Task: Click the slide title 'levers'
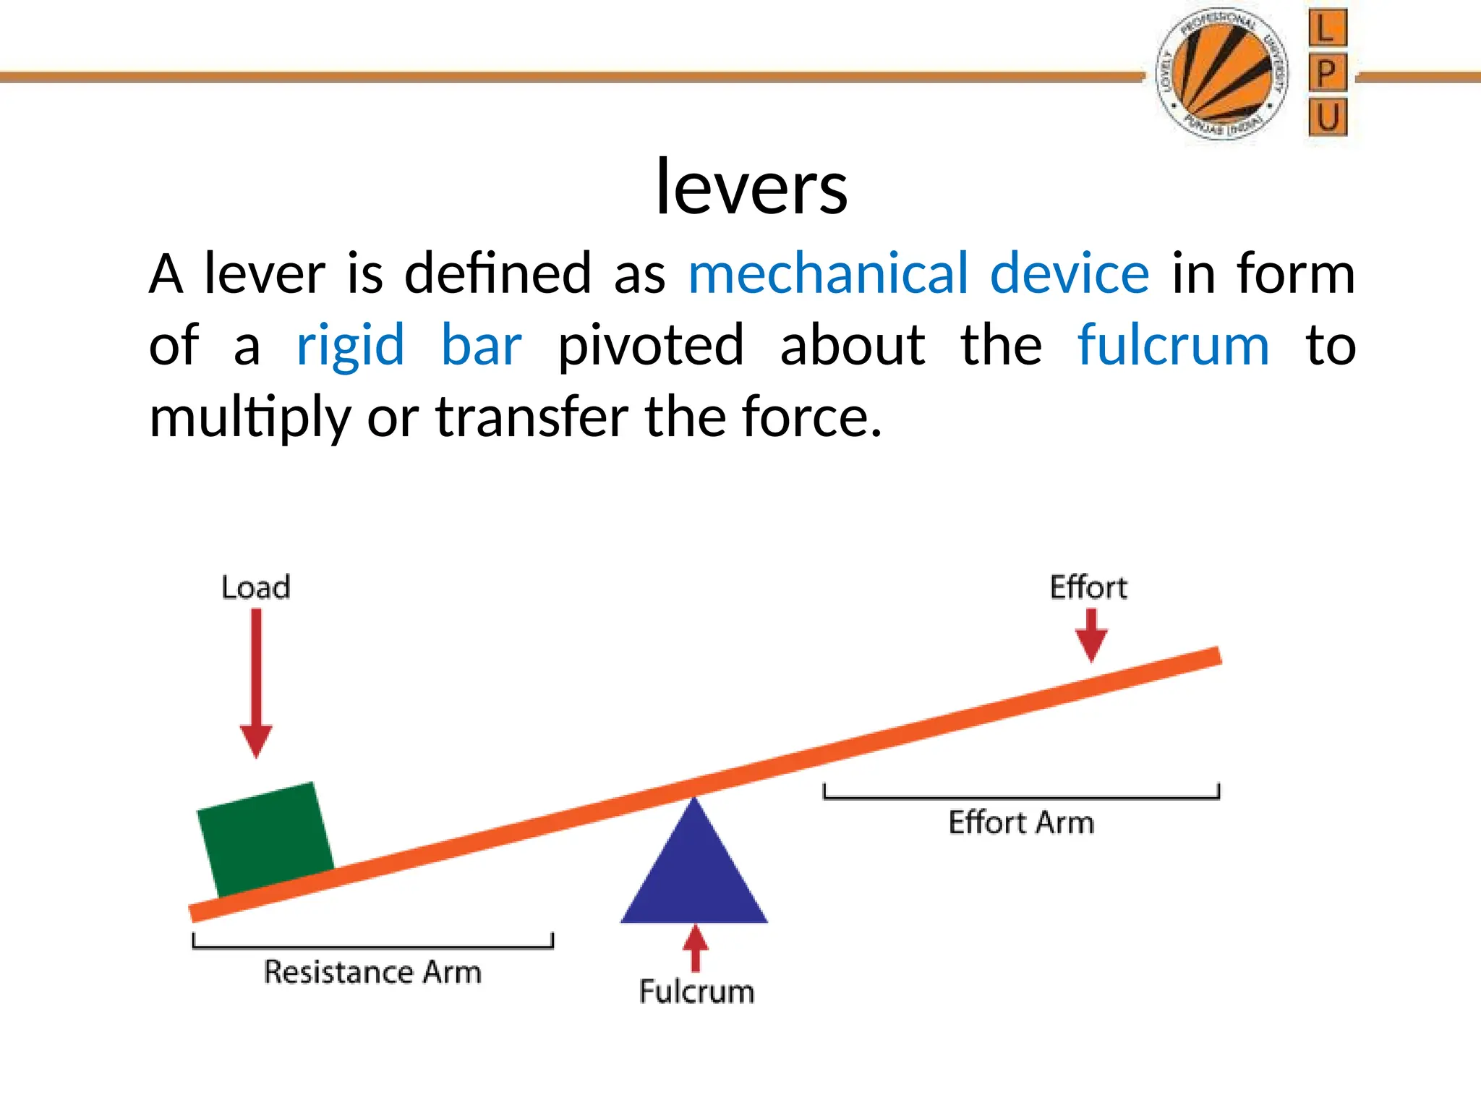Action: [751, 187]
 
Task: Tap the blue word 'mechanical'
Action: [828, 274]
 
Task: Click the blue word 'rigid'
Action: [350, 346]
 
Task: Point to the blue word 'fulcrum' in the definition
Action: [1173, 346]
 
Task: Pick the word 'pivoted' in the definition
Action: [650, 346]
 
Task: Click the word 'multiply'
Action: [249, 418]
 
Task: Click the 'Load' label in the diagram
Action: [256, 587]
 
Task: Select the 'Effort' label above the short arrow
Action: [1088, 587]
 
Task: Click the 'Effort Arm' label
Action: [1021, 823]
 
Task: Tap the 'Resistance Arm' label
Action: [372, 972]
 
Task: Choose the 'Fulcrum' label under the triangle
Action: [696, 992]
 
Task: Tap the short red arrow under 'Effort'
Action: [1091, 634]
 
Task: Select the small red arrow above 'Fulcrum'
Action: [696, 948]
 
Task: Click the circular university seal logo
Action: [1222, 75]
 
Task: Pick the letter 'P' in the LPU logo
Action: [1327, 73]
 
